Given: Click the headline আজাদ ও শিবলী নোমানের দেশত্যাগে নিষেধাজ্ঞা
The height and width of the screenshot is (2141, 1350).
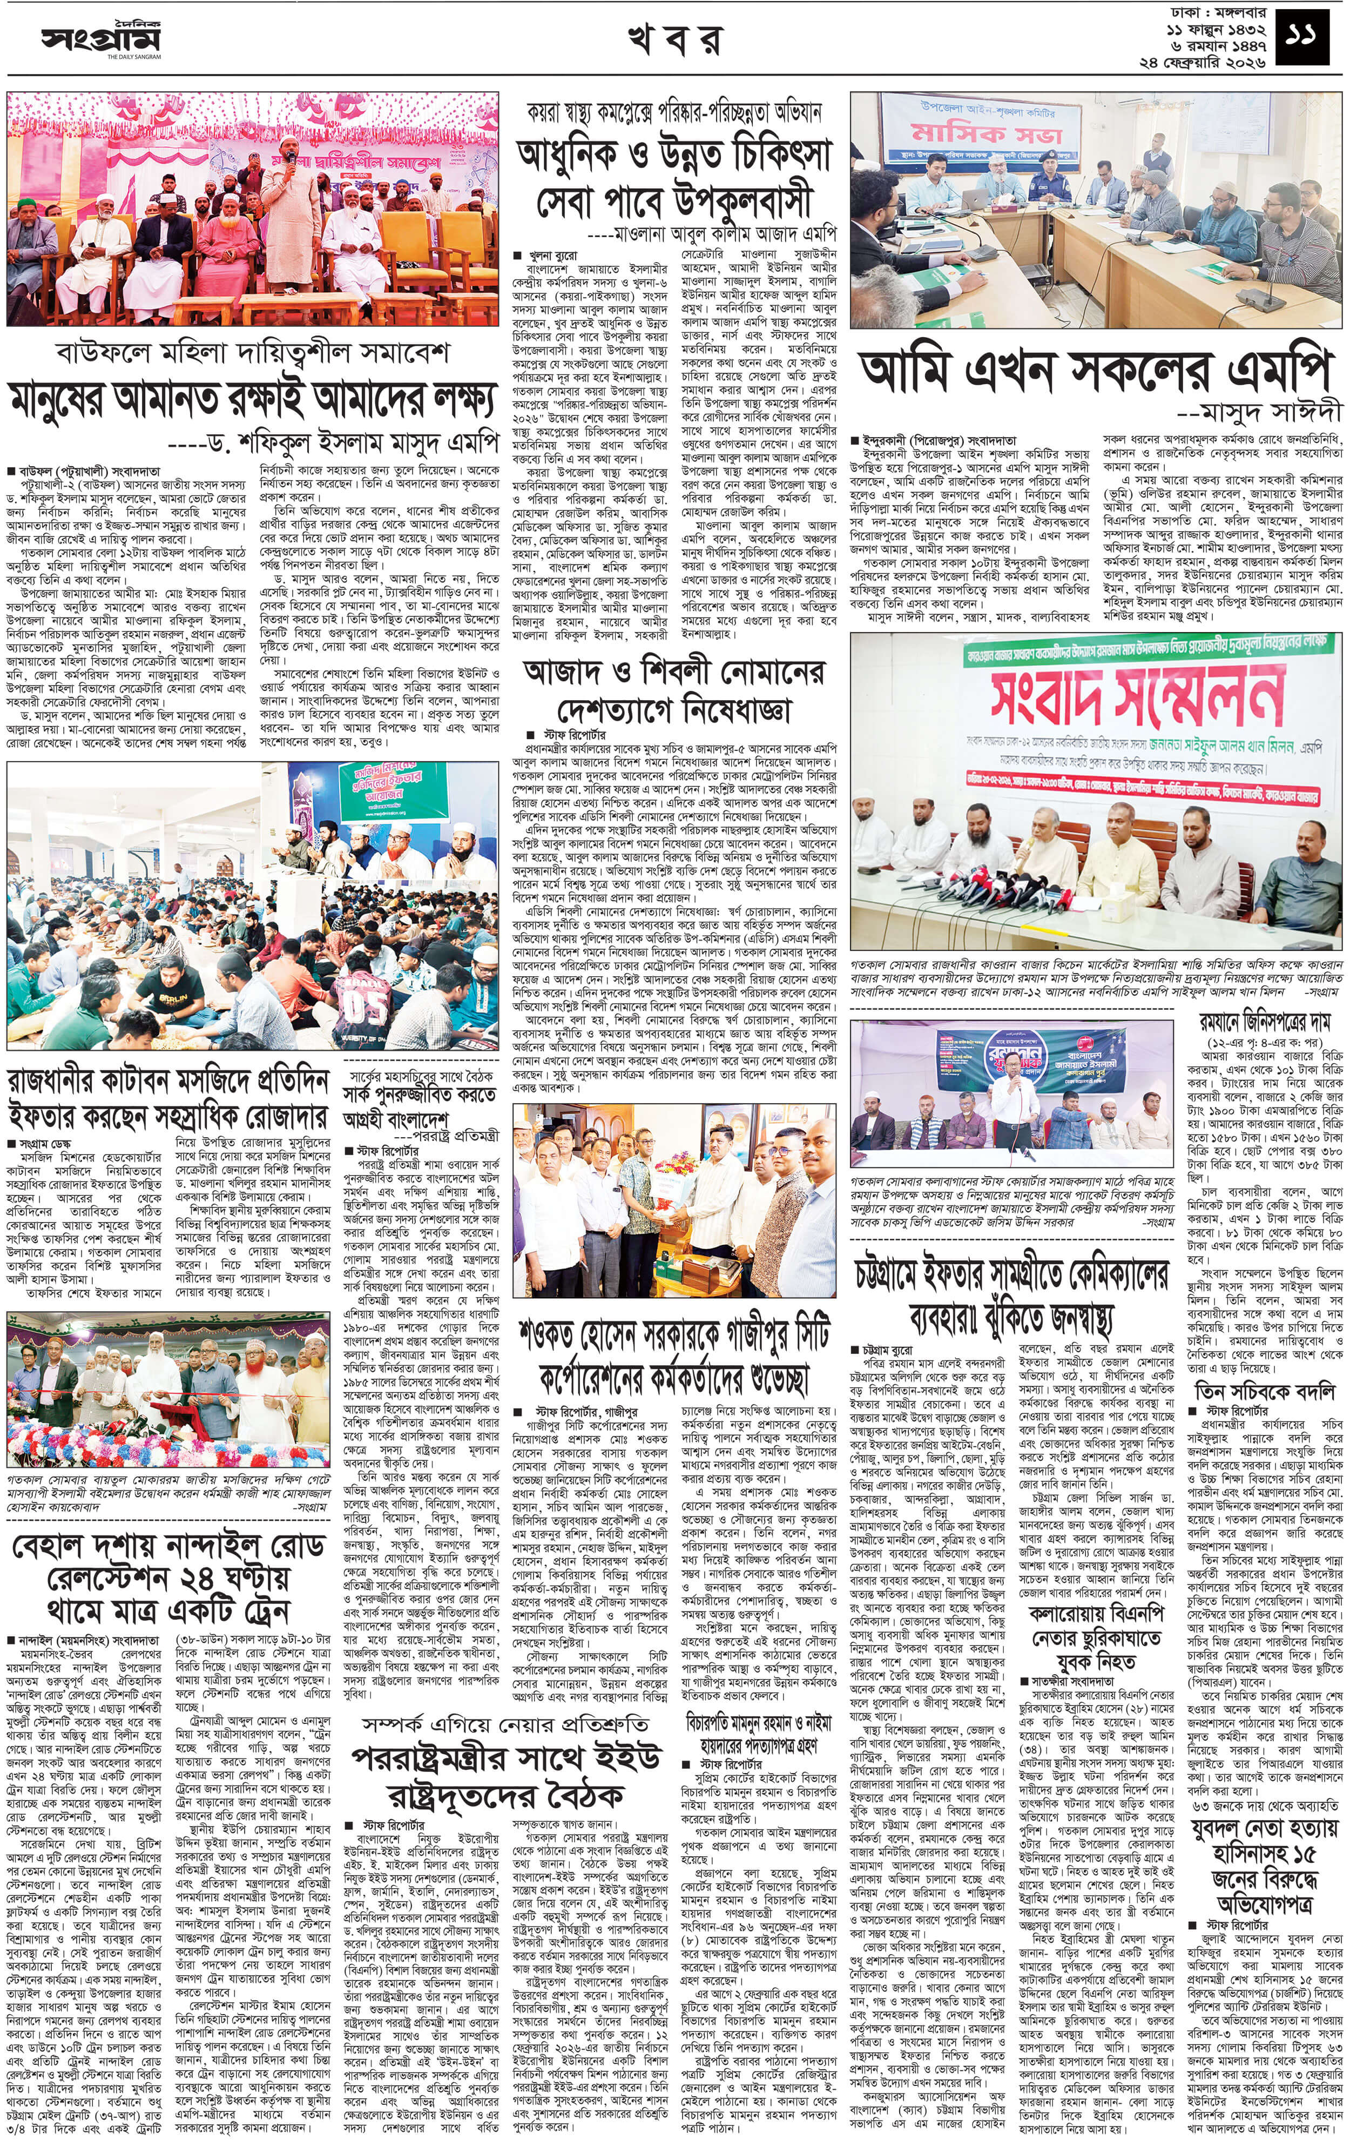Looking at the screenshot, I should tap(674, 691).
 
